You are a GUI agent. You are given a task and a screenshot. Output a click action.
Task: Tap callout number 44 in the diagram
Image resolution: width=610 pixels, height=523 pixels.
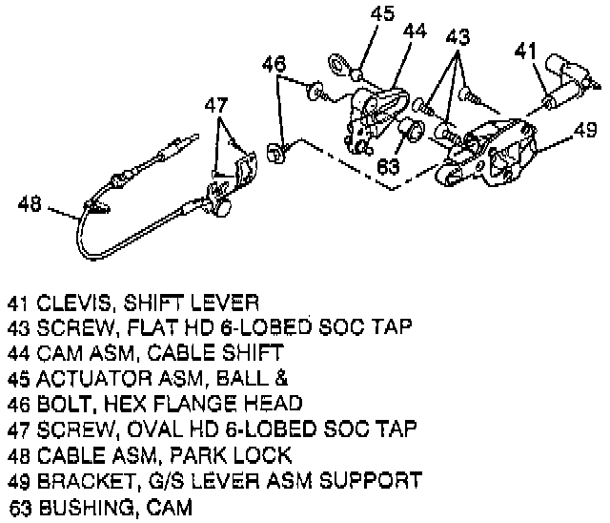(414, 32)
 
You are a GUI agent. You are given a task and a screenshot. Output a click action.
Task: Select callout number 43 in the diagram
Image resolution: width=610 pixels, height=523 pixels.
(458, 37)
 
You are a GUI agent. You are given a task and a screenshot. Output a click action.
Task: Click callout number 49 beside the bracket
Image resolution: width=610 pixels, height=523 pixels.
(585, 130)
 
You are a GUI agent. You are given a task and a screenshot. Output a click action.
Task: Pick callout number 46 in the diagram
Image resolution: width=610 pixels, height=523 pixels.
(274, 65)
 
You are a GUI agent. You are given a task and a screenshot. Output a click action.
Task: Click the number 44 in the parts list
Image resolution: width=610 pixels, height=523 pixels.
(18, 353)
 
